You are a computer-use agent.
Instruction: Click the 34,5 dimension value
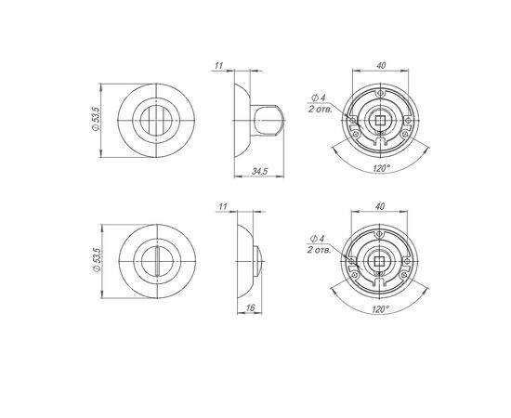pos(259,171)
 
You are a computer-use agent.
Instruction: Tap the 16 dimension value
pos(250,307)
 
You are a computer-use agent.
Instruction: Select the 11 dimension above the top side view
pos(218,65)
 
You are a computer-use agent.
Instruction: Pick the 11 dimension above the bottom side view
pos(223,206)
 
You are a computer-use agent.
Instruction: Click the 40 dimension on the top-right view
pos(381,65)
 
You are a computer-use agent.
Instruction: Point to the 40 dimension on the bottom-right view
pos(380,206)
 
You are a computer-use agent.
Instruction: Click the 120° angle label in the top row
pos(381,168)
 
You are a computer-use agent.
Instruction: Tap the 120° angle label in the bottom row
pos(380,309)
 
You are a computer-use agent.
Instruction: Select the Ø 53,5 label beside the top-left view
pos(96,119)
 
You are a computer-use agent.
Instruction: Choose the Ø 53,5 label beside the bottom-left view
pos(97,260)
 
